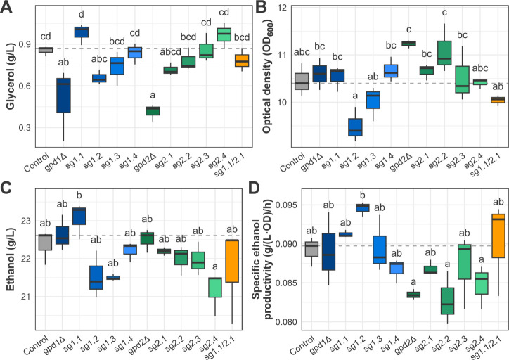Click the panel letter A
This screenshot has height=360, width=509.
pyautogui.click(x=6, y=7)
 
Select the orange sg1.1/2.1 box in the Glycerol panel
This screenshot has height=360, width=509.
pyautogui.click(x=242, y=60)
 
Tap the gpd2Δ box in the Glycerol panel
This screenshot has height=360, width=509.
pyautogui.click(x=153, y=110)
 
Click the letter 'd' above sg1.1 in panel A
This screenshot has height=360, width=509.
pyautogui.click(x=82, y=15)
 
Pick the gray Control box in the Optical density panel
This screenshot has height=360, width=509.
pyautogui.click(x=302, y=81)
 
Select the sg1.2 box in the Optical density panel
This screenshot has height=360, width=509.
pyautogui.click(x=355, y=127)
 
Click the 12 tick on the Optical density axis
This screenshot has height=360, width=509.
pyautogui.click(x=283, y=8)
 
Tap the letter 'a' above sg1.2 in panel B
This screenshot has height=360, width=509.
pyautogui.click(x=355, y=96)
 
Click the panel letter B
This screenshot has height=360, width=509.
pyautogui.click(x=261, y=7)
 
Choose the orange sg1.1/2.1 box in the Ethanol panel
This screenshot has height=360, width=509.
pyautogui.click(x=232, y=261)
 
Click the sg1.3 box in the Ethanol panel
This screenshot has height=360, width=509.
pyautogui.click(x=113, y=278)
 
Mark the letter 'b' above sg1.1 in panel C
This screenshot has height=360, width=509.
pyautogui.click(x=79, y=195)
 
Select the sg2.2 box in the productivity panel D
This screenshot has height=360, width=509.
pyautogui.click(x=447, y=301)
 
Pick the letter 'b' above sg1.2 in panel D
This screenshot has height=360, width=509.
pyautogui.click(x=363, y=195)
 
